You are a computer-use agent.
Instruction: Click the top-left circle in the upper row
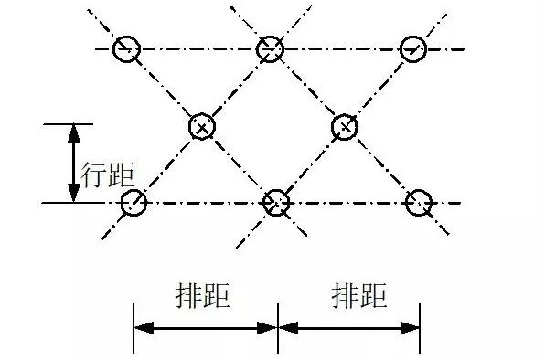(x=126, y=49)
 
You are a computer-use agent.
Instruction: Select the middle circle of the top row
(x=270, y=49)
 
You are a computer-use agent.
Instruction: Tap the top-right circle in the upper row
(x=413, y=49)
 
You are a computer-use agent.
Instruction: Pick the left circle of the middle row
(x=201, y=126)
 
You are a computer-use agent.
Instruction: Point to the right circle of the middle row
(x=344, y=126)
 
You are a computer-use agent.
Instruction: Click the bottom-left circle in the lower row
(x=134, y=202)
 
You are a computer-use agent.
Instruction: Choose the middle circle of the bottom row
(x=276, y=202)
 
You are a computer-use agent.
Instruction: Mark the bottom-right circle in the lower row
(x=419, y=202)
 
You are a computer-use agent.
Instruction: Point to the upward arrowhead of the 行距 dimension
(x=73, y=132)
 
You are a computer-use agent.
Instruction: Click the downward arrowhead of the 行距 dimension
(x=73, y=193)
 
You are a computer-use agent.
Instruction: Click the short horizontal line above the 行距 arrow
(x=69, y=123)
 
